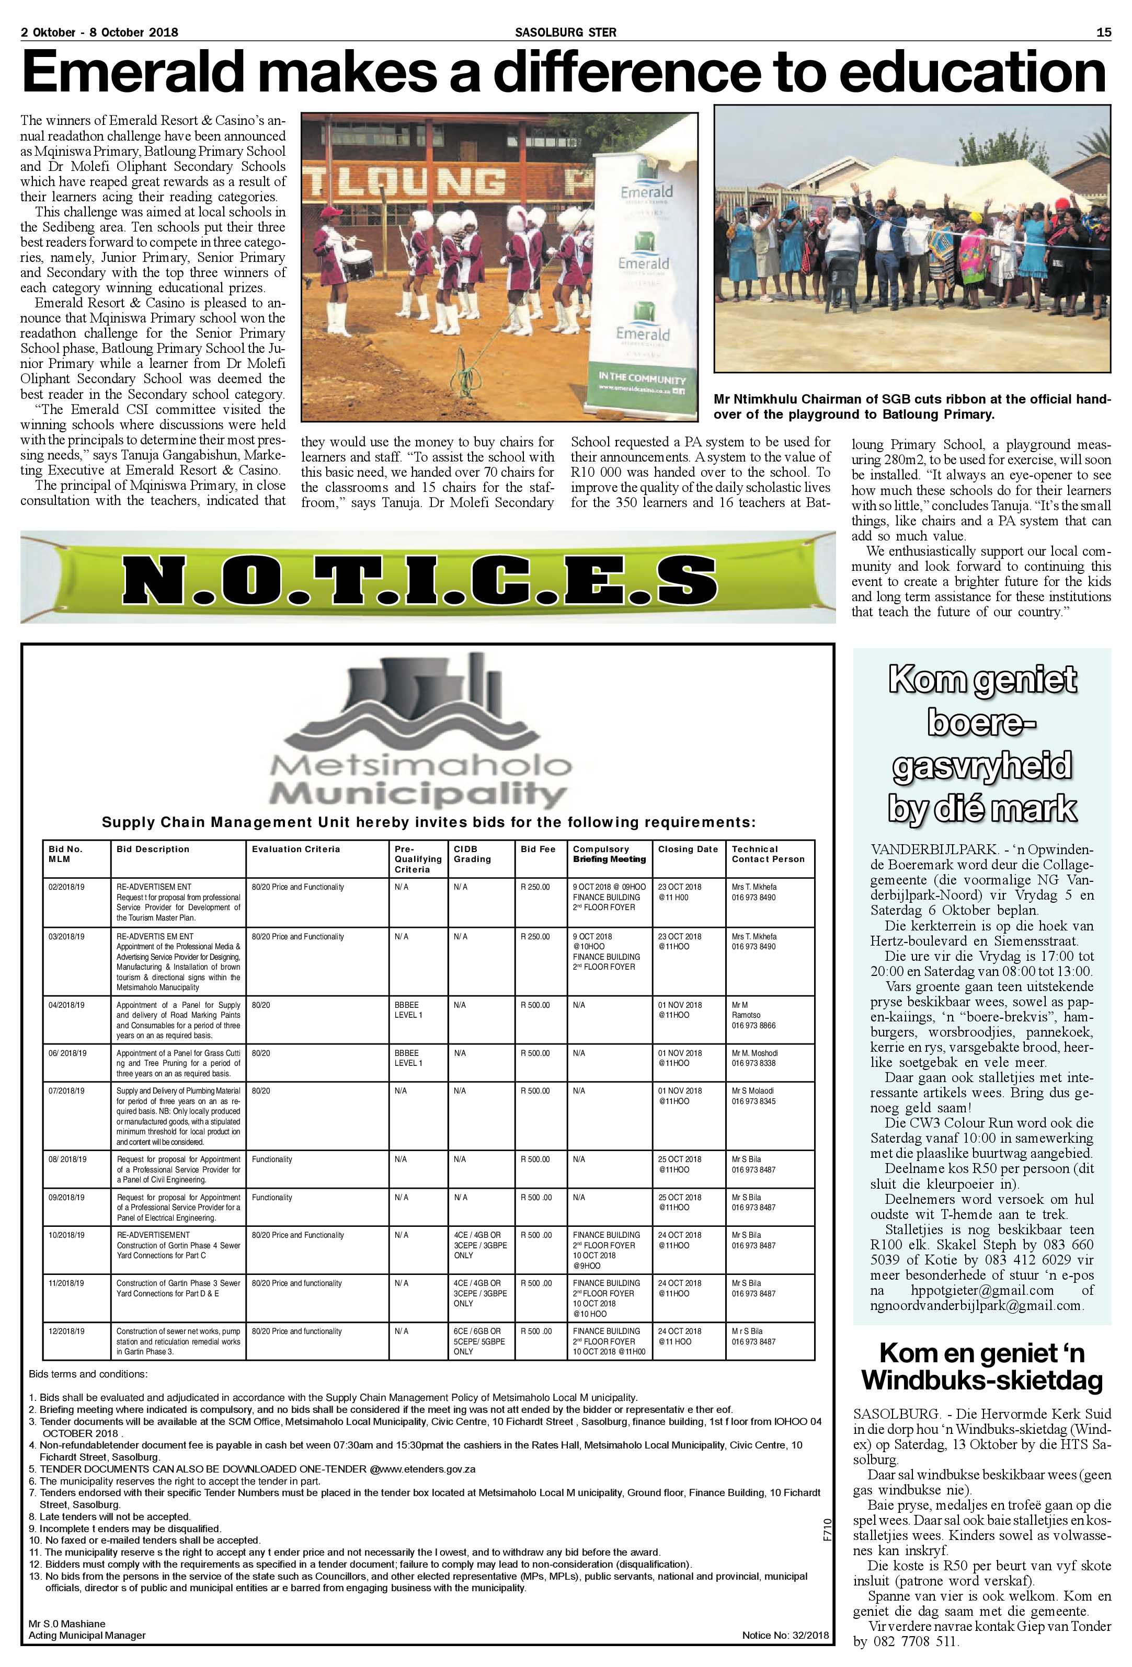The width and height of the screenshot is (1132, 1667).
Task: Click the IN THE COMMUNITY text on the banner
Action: coord(642,379)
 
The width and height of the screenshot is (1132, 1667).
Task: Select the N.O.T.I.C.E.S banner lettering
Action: coord(420,578)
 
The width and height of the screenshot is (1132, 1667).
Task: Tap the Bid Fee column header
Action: coord(538,848)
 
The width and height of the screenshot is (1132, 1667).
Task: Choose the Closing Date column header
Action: coord(687,848)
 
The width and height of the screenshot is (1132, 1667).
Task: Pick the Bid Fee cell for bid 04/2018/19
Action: coord(535,1005)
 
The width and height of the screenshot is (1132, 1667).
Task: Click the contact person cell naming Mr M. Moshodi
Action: coord(754,1053)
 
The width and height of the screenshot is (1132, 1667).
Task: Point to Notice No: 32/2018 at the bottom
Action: coord(785,1630)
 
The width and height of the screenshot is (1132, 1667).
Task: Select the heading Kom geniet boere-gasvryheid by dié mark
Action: coord(981,743)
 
